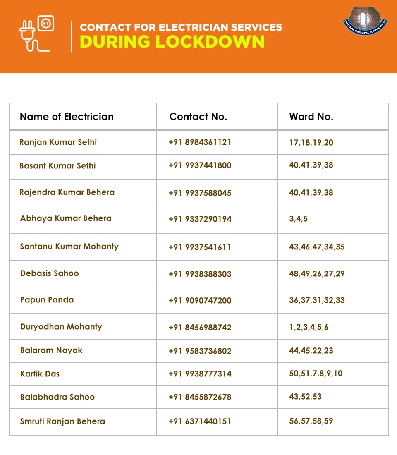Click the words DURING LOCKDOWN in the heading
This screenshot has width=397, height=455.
(x=172, y=41)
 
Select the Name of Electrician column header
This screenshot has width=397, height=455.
(x=67, y=117)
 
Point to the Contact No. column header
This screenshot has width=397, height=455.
(x=198, y=117)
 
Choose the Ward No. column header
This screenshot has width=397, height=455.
(x=311, y=117)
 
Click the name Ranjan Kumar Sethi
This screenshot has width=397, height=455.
(x=58, y=142)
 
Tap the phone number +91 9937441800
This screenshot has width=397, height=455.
(x=200, y=165)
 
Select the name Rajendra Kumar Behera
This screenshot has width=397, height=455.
(x=67, y=192)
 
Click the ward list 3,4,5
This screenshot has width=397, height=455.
(x=298, y=219)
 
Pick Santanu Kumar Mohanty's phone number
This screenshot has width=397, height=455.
(x=200, y=247)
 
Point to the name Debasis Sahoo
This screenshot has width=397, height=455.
(x=49, y=273)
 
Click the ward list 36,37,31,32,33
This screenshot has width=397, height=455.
(x=317, y=300)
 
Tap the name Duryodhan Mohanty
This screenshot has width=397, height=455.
(x=61, y=327)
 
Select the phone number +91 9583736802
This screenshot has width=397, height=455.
(x=200, y=351)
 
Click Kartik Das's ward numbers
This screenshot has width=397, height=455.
(x=316, y=374)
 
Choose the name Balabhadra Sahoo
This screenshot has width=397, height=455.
(x=57, y=397)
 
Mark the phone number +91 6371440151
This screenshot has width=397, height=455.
(x=200, y=421)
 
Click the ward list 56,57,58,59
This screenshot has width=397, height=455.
(x=311, y=421)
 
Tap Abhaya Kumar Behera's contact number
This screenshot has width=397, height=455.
(x=200, y=219)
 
